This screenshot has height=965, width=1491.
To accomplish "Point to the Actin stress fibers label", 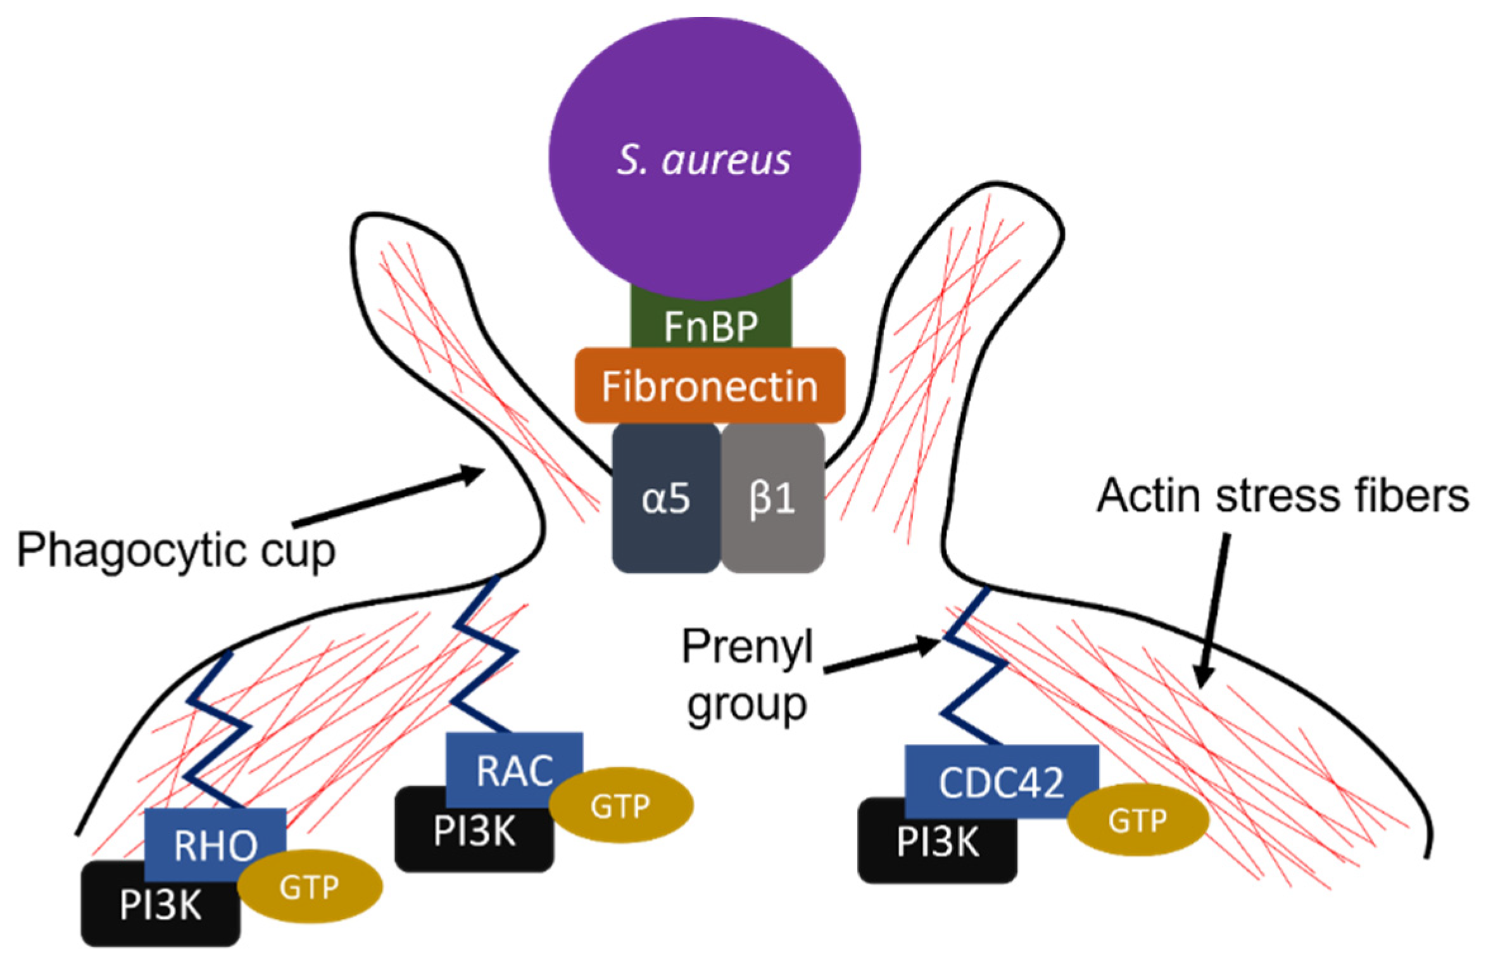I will point(1282,495).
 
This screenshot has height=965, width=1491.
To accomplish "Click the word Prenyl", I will point(747,647).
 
